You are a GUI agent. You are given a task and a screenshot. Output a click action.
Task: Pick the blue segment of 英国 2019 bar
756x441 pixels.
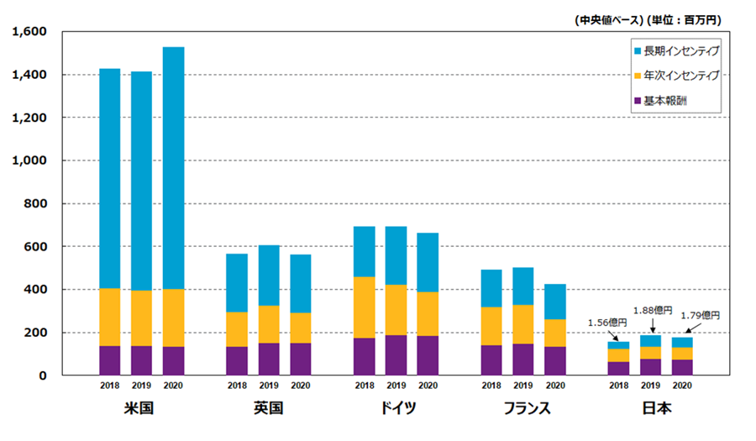coord(269,275)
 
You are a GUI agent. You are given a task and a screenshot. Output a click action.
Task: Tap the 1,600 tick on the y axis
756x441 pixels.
coord(29,32)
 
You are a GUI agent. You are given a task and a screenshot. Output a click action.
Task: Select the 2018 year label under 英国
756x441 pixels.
coord(237,386)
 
